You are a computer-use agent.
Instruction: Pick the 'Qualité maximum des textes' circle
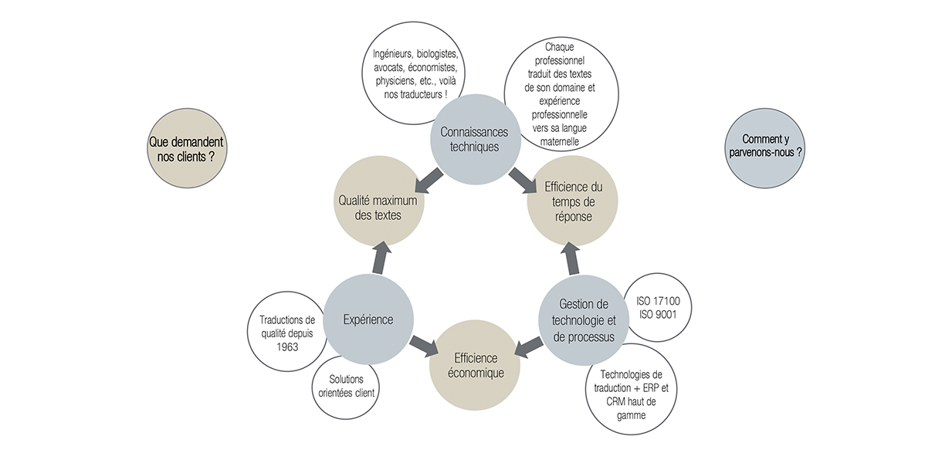(378, 202)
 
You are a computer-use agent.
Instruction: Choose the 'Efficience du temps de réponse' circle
(573, 202)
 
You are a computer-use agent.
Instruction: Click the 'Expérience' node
(368, 319)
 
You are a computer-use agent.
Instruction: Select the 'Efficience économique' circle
(474, 366)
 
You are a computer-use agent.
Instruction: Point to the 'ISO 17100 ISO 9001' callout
(658, 306)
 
